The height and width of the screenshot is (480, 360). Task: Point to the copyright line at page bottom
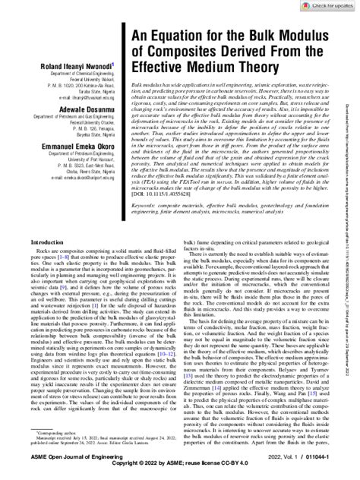[180, 473]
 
